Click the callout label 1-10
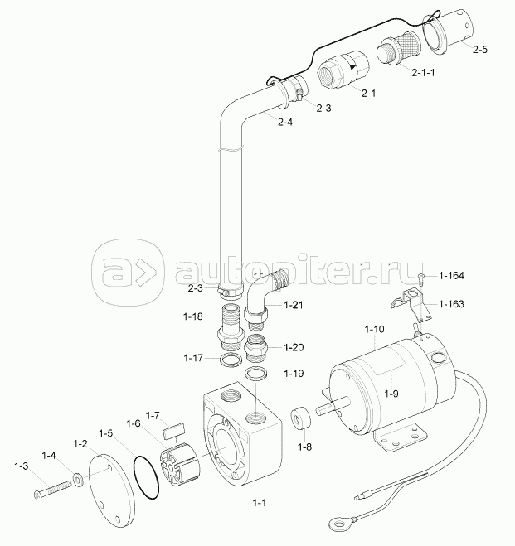pyautogui.click(x=374, y=330)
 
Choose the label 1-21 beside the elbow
pyautogui.click(x=294, y=306)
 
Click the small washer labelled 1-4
pyautogui.click(x=77, y=478)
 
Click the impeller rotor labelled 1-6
pyautogui.click(x=178, y=467)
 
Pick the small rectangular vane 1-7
pyautogui.click(x=172, y=430)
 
